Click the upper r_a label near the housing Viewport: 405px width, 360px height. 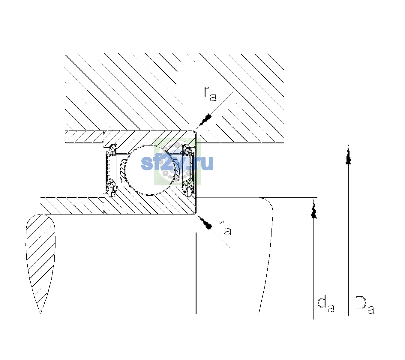[210, 94]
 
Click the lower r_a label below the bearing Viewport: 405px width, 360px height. [225, 228]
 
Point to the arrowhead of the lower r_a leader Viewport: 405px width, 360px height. [205, 222]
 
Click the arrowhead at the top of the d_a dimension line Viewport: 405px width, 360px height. [313, 209]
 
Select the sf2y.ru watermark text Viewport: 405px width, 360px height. [177, 163]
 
